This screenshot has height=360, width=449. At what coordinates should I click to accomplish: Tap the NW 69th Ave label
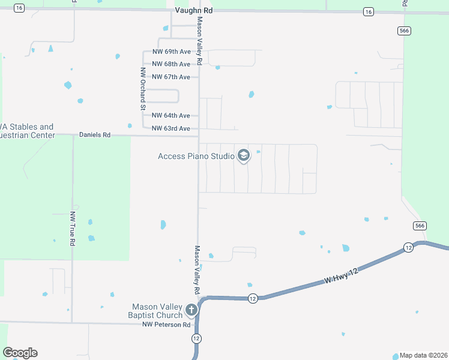pyautogui.click(x=171, y=52)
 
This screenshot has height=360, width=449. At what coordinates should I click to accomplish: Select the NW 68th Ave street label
pyautogui.click(x=171, y=64)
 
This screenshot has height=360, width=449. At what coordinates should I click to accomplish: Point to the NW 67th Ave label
pyautogui.click(x=171, y=77)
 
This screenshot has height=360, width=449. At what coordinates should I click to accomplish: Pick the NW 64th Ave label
pyautogui.click(x=171, y=115)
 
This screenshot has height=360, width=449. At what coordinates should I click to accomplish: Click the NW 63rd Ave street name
pyautogui.click(x=171, y=128)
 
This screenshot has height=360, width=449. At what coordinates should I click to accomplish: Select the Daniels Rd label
pyautogui.click(x=95, y=136)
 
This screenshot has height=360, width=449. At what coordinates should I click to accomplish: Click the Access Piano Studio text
pyautogui.click(x=196, y=156)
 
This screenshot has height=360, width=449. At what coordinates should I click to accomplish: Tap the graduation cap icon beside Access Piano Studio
pyautogui.click(x=244, y=156)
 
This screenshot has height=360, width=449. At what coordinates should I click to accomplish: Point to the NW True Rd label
pyautogui.click(x=73, y=229)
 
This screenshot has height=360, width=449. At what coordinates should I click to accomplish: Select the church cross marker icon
pyautogui.click(x=191, y=310)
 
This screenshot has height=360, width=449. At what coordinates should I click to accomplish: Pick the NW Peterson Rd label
pyautogui.click(x=166, y=325)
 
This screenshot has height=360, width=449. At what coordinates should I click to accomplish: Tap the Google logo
pyautogui.click(x=20, y=353)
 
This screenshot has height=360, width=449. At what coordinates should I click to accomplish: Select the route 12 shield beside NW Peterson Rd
pyautogui.click(x=196, y=338)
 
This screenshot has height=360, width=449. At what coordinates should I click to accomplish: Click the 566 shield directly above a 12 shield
pyautogui.click(x=420, y=226)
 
